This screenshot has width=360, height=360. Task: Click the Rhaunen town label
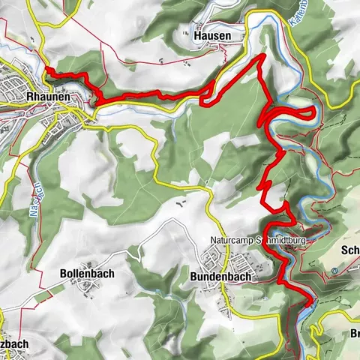coord(42,97)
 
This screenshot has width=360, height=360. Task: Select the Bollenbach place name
coord(86,274)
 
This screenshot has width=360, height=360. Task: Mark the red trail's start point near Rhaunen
coord(46,69)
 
